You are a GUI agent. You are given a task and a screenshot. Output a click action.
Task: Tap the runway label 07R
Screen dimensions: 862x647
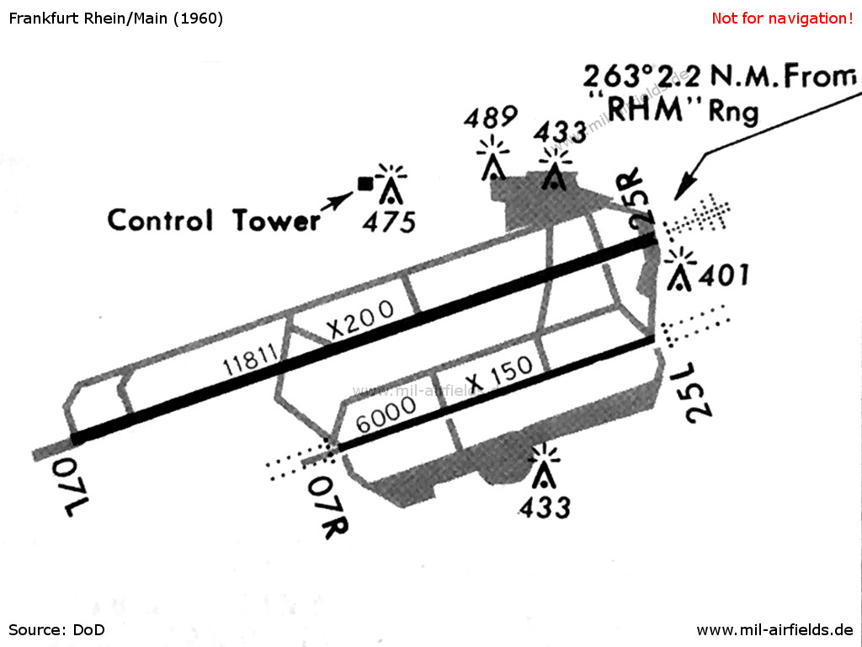coord(328,507)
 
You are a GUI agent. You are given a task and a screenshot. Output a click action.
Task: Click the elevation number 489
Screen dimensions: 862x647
coord(491,116)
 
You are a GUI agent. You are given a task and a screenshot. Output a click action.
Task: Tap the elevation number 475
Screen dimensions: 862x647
coord(389,222)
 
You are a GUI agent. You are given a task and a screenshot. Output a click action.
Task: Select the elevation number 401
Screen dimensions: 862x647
coord(723,275)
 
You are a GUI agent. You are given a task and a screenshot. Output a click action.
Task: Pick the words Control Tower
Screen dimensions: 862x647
coord(214,220)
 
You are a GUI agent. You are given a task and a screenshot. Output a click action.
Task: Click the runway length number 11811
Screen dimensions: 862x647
coord(250,361)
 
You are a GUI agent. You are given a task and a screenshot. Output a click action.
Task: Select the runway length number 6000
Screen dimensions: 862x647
coord(386,415)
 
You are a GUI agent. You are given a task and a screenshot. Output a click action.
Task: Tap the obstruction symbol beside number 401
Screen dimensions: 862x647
coord(680,270)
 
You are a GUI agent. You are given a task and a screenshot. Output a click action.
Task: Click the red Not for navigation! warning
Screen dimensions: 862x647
coord(782,19)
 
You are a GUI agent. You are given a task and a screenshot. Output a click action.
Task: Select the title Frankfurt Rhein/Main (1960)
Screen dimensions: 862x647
coord(116,19)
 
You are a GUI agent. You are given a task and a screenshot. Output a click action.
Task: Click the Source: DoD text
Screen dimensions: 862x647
coord(56,629)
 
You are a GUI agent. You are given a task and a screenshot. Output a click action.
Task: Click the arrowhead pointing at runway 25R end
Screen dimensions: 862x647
coord(684,190)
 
